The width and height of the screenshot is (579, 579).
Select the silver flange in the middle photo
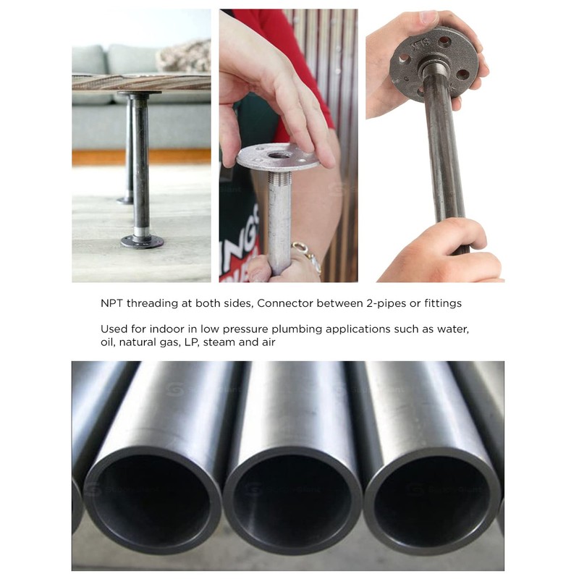click(x=278, y=156)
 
